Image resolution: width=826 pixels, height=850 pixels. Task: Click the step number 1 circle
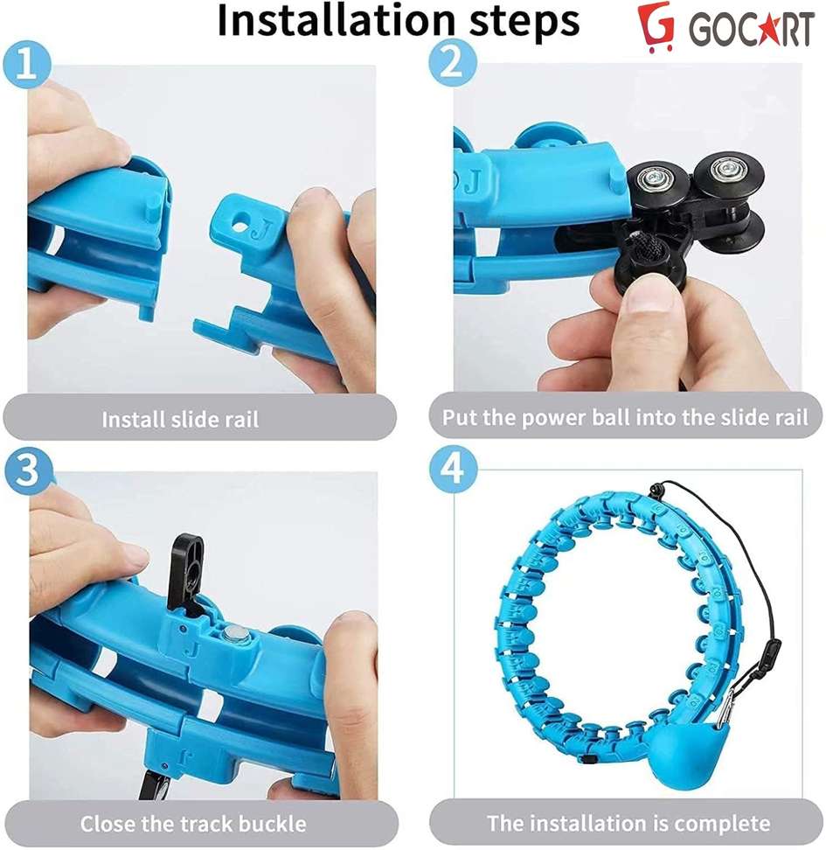click(28, 67)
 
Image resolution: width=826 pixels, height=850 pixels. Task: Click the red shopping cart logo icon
click(656, 28)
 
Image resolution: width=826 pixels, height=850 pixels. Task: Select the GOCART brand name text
click(751, 30)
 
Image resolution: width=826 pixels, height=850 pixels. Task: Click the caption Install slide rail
click(180, 419)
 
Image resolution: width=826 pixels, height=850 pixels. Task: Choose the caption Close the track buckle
click(193, 823)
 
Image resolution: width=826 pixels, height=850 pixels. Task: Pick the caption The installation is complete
click(628, 823)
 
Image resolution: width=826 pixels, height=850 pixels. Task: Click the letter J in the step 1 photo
click(259, 233)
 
